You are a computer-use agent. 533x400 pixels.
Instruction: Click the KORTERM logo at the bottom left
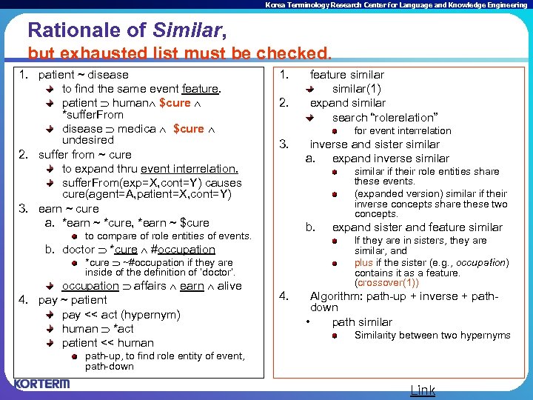click(x=41, y=384)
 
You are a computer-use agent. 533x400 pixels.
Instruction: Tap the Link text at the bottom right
click(x=423, y=390)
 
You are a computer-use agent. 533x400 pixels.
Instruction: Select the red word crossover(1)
click(x=387, y=283)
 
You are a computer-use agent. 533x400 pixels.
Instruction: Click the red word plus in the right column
click(x=363, y=262)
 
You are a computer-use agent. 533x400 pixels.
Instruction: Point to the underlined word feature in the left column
click(x=200, y=89)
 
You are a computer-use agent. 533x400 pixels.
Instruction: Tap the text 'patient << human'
click(x=108, y=343)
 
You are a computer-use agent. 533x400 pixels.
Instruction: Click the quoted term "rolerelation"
click(x=404, y=117)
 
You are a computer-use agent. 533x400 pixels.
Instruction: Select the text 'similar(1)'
click(x=356, y=89)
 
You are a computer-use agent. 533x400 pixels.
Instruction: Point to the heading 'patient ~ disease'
click(x=83, y=75)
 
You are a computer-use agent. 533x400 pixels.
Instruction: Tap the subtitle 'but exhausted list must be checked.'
click(x=179, y=53)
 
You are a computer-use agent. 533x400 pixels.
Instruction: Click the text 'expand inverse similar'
click(x=390, y=159)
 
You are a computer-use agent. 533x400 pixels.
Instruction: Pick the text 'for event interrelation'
click(x=402, y=131)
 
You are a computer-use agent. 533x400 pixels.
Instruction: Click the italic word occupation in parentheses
click(x=480, y=262)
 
